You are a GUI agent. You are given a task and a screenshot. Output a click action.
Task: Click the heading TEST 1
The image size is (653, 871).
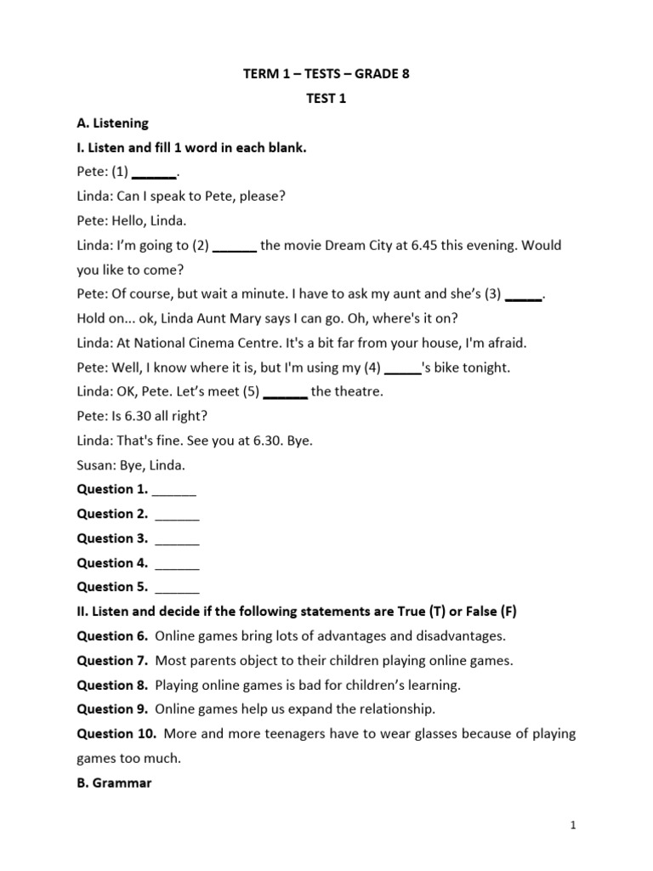(326, 99)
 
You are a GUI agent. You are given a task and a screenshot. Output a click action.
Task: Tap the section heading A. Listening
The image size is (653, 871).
(112, 123)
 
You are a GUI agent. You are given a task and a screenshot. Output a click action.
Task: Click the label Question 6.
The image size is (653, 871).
(112, 636)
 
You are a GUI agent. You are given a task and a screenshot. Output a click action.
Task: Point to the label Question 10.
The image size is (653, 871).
(116, 733)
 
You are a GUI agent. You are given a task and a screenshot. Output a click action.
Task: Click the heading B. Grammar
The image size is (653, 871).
(114, 783)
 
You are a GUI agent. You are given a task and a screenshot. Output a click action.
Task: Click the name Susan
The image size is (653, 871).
(94, 465)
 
